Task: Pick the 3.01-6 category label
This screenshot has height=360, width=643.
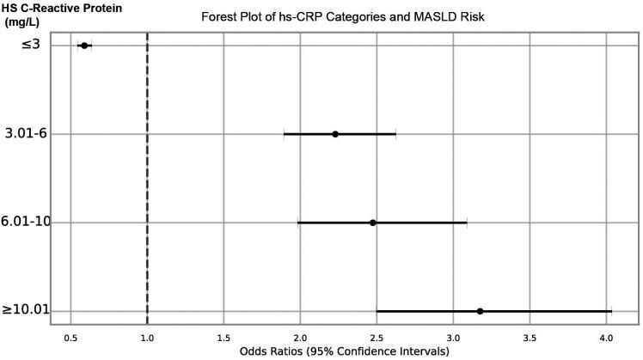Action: tap(27, 133)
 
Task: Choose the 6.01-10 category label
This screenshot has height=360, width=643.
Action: tap(27, 223)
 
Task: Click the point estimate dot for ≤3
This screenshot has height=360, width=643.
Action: tap(84, 45)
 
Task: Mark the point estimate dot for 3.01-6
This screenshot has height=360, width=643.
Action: tap(335, 134)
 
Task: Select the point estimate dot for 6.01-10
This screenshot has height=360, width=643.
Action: tap(373, 223)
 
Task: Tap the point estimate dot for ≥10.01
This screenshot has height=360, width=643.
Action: tap(480, 311)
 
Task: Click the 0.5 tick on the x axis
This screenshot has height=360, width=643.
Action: tap(71, 337)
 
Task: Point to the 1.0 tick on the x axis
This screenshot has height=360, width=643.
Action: tap(148, 337)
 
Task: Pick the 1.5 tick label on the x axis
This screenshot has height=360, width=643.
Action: tap(224, 337)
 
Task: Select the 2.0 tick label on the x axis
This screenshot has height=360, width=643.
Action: tap(300, 337)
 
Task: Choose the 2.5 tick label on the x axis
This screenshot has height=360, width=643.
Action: tap(377, 337)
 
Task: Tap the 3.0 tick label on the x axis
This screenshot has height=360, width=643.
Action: tap(453, 337)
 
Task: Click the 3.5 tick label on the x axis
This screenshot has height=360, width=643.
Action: tap(530, 337)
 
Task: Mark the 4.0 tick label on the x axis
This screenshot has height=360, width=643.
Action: tap(606, 337)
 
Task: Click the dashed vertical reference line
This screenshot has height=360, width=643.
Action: tap(148, 180)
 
